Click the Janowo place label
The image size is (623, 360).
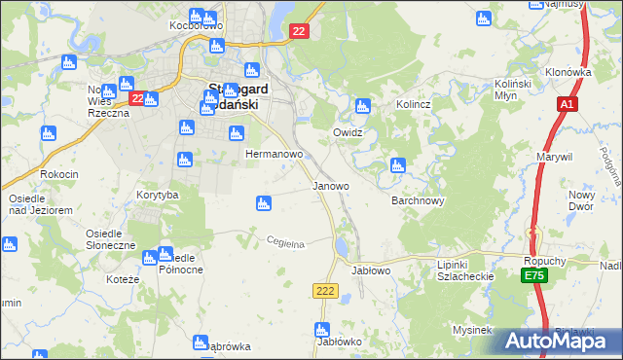(330, 185)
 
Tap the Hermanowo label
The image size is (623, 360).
(275, 155)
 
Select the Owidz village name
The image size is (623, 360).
(348, 132)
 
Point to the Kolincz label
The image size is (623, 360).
(413, 104)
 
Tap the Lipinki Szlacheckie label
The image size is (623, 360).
(466, 270)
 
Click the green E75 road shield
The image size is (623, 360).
(532, 277)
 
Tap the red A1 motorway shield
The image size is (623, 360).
(568, 104)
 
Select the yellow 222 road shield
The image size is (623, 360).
(325, 291)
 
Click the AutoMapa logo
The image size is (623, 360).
(562, 341)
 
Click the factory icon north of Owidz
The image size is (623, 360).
(363, 106)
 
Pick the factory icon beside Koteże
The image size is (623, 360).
(150, 258)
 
